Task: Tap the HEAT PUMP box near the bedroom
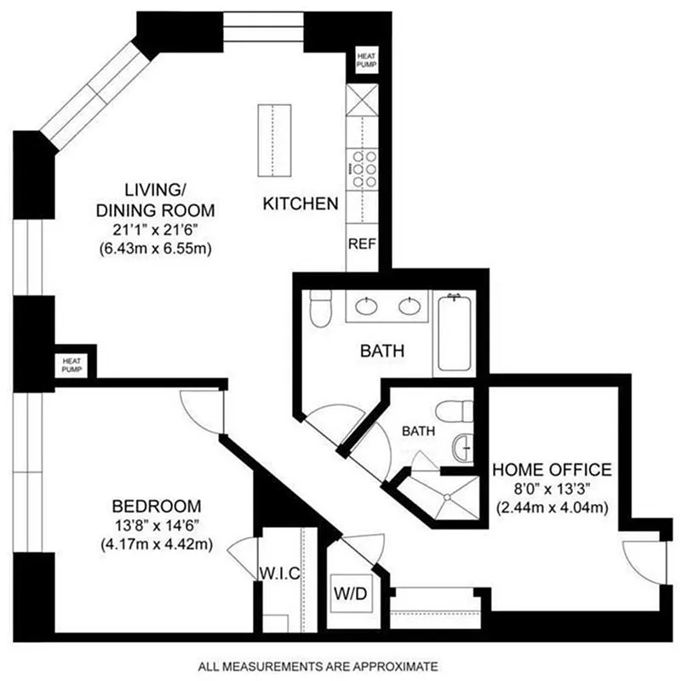[72, 364]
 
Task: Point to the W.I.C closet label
[279, 574]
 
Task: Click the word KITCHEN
[301, 204]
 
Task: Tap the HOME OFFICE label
[552, 470]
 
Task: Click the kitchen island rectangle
[272, 141]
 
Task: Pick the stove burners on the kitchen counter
[364, 169]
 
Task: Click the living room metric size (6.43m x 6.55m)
[153, 249]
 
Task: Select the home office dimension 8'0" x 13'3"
[551, 490]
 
